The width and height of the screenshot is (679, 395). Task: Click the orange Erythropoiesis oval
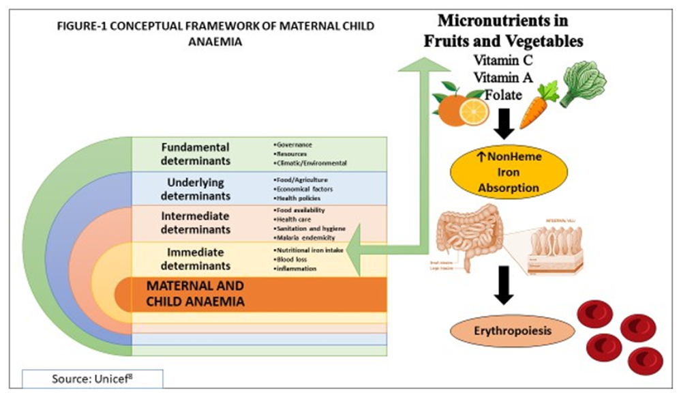503,333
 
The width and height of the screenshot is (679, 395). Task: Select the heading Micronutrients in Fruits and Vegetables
503,31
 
